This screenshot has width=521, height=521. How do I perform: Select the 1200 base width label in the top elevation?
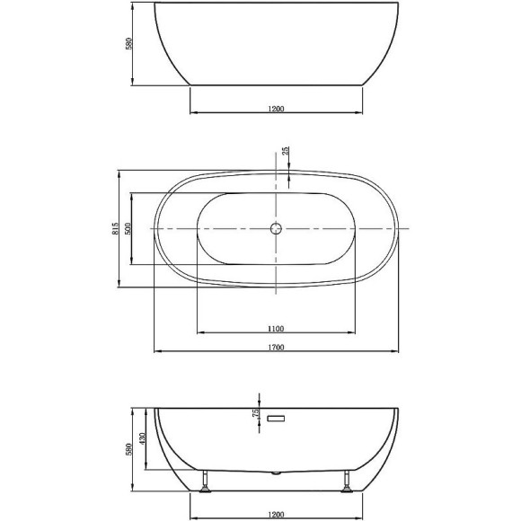click(276, 109)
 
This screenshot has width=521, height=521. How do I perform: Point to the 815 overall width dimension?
click(116, 228)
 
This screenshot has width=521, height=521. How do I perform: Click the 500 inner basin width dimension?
click(129, 228)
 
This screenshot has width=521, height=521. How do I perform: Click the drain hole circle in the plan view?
click(276, 229)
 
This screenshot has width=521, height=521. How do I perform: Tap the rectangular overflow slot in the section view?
click(276, 418)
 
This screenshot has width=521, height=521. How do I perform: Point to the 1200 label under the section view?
click(276, 517)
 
